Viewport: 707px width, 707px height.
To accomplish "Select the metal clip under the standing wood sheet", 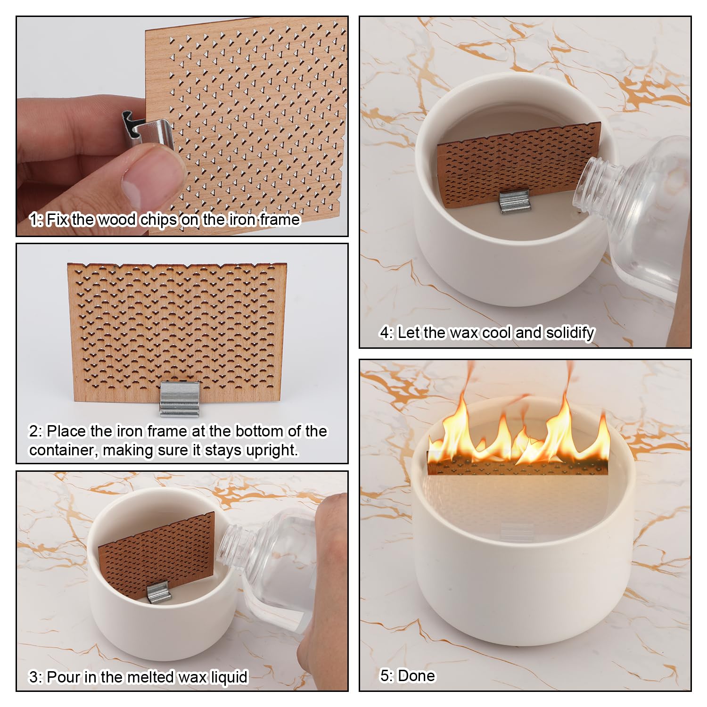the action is tap(179, 399).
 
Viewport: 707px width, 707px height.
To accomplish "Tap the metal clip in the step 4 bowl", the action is tap(515, 201).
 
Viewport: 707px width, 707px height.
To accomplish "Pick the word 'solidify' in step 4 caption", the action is tap(570, 333).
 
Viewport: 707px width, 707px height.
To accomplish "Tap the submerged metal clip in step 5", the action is tap(517, 531).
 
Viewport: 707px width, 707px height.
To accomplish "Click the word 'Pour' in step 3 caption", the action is tap(64, 677).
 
